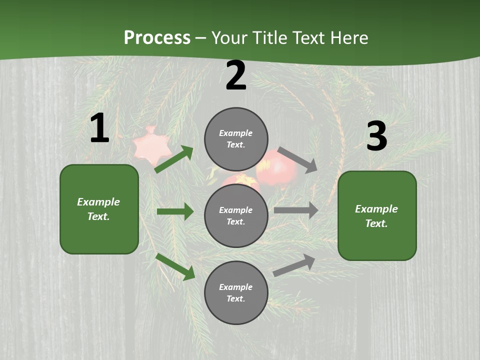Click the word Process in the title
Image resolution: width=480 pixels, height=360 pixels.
click(157, 38)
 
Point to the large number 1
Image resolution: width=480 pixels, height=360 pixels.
click(99, 128)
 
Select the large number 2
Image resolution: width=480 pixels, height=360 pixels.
click(236, 76)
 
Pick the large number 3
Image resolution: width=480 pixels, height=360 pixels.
click(376, 136)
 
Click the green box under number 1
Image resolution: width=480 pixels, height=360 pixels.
click(99, 209)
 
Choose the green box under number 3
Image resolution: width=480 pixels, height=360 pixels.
click(377, 215)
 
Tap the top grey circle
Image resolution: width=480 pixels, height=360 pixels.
click(236, 139)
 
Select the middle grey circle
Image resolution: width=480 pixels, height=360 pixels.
click(236, 215)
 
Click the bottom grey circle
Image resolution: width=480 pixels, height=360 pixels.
click(236, 292)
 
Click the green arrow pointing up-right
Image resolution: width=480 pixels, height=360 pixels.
click(174, 159)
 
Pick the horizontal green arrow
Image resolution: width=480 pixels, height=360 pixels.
click(175, 211)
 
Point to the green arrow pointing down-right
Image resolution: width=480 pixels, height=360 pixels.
click(175, 266)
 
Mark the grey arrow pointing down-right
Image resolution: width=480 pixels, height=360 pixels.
click(297, 159)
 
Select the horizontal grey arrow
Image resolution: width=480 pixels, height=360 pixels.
click(296, 210)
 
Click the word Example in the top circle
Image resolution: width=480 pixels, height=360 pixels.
click(236, 133)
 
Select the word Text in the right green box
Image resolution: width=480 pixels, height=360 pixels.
click(376, 223)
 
